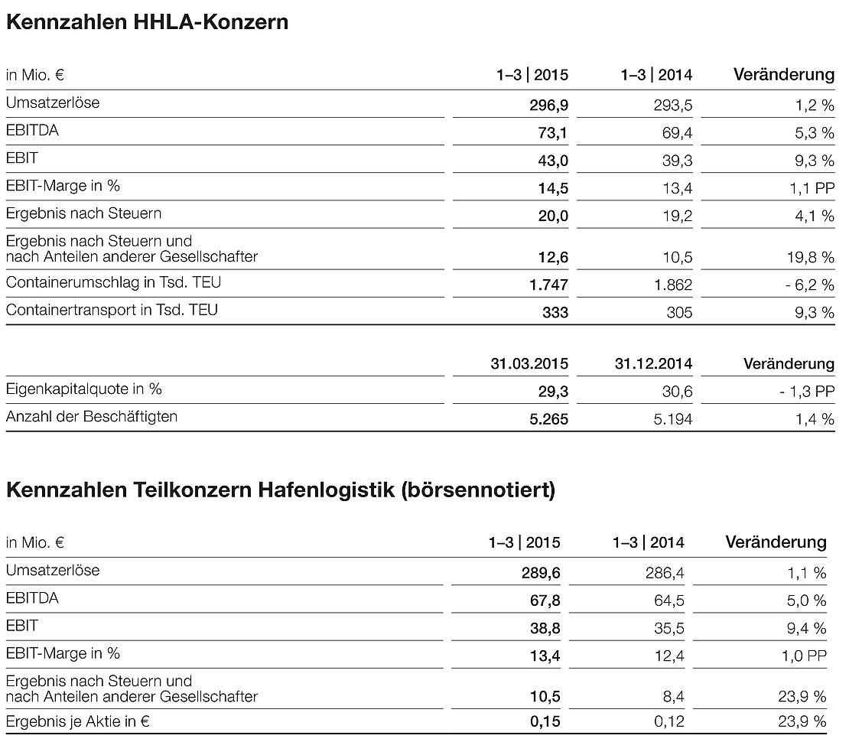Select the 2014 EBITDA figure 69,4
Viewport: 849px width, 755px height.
pos(678,133)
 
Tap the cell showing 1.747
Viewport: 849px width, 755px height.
pos(548,285)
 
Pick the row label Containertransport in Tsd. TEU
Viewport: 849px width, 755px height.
pos(112,310)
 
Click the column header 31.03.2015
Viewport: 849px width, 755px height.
pos(529,364)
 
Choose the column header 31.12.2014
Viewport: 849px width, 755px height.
pos(653,364)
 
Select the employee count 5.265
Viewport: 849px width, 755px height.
pos(548,419)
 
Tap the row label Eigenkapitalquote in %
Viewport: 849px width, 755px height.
pos(84,389)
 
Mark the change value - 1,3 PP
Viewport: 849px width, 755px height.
pos(806,392)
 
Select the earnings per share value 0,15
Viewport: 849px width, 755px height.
pos(545,721)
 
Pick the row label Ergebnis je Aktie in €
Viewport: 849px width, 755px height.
pos(77,721)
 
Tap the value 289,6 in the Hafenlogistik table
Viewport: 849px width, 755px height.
pos(541,573)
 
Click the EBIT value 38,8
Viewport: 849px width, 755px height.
pos(544,628)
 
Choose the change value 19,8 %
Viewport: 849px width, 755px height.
pos(811,258)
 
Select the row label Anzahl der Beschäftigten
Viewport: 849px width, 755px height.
pos(92,417)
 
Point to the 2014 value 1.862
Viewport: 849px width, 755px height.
pos(673,285)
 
